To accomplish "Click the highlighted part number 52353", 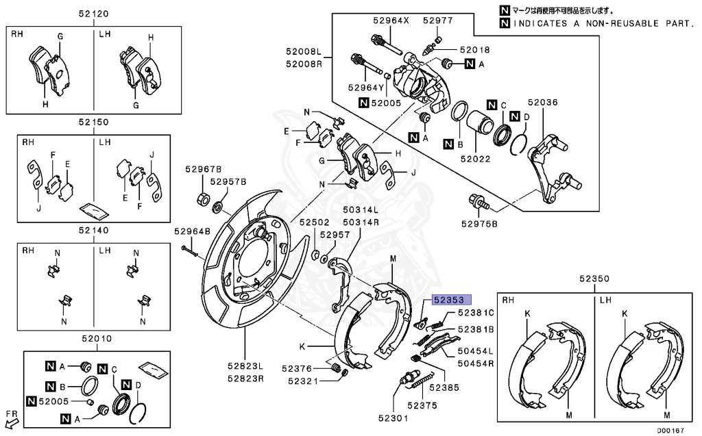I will tap(448, 300).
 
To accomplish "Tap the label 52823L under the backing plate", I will tap(245, 366).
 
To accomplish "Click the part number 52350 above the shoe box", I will tap(593, 279).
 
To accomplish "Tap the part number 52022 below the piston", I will tap(476, 158).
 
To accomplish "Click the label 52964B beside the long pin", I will tap(192, 231).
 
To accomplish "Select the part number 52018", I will tap(475, 50).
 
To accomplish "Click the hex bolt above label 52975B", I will tap(477, 202).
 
